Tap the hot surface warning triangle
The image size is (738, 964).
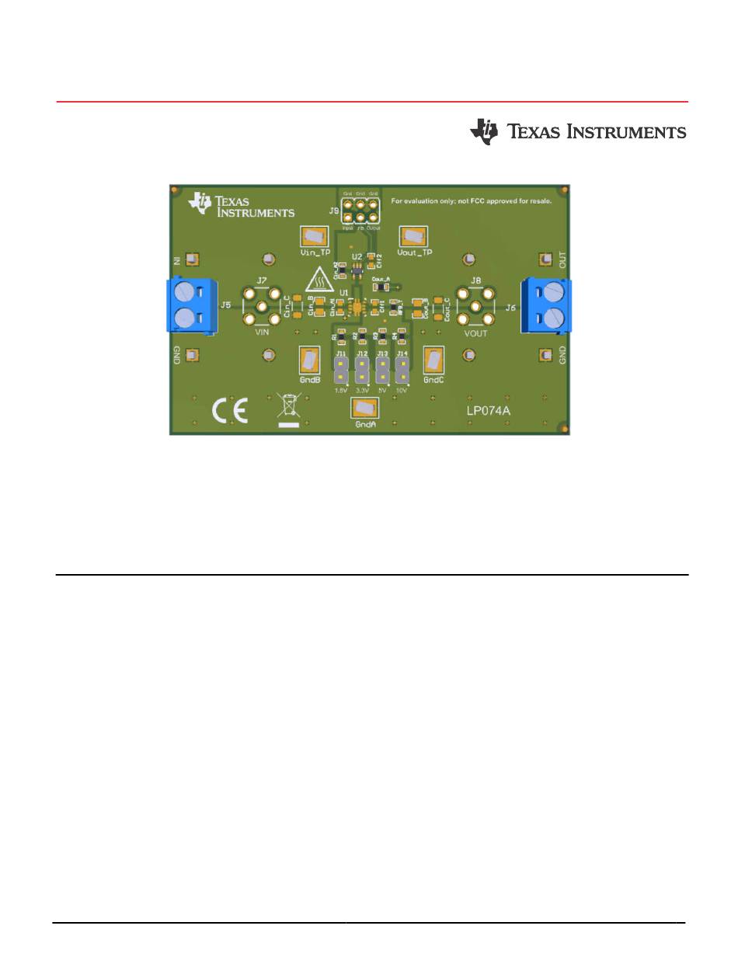[x=318, y=279]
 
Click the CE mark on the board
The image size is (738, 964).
[x=231, y=411]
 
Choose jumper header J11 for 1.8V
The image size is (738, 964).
[x=341, y=370]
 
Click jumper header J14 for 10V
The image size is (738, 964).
[x=402, y=370]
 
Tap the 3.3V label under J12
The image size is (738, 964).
[x=361, y=390]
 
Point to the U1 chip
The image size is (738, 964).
[x=357, y=307]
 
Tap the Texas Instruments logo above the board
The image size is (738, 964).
[x=578, y=132]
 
